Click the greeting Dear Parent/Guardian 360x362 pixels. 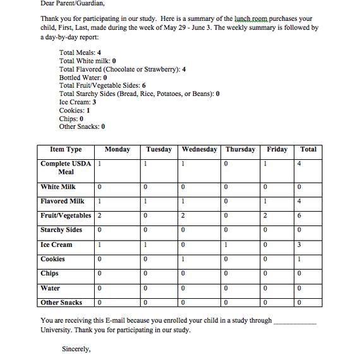(x=73, y=3)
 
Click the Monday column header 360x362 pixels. (x=117, y=150)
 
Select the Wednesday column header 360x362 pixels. (x=200, y=150)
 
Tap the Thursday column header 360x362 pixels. (x=241, y=150)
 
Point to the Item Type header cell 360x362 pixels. (x=66, y=150)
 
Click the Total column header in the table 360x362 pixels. (x=308, y=150)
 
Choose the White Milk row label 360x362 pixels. (x=58, y=187)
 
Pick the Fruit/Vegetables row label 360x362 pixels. (x=66, y=216)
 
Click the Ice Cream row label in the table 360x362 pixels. (x=57, y=245)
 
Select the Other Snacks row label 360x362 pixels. (x=61, y=303)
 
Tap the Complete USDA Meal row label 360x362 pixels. (x=66, y=167)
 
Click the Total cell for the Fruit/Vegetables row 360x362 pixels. (x=308, y=216)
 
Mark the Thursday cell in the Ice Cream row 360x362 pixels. (x=241, y=245)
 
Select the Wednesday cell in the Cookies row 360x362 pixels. (x=200, y=260)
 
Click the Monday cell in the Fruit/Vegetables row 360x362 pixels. (x=117, y=216)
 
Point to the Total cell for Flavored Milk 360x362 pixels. (x=308, y=202)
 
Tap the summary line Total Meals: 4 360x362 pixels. (x=80, y=53)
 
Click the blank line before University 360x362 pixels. (x=295, y=321)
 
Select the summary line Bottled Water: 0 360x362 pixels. (x=83, y=78)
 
